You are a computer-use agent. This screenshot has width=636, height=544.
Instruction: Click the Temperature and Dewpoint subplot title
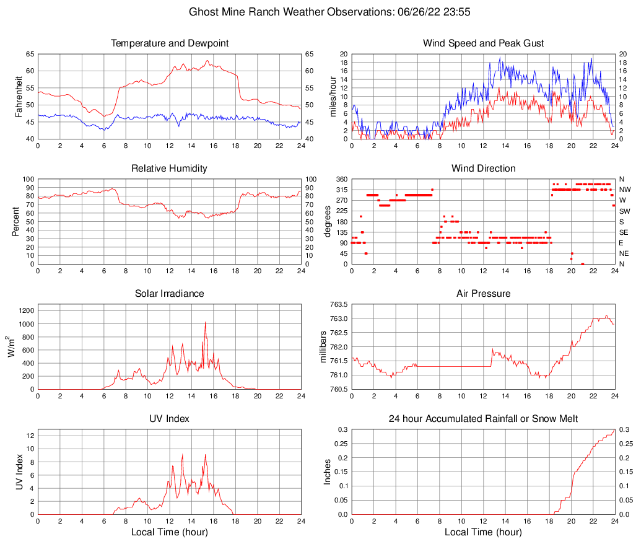click(170, 43)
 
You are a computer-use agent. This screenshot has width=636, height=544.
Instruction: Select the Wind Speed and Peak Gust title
click(483, 43)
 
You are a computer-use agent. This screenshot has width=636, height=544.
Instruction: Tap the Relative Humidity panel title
click(170, 169)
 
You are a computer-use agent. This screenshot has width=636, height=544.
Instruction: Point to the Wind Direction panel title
click(483, 169)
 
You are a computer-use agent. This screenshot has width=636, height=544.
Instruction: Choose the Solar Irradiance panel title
click(170, 294)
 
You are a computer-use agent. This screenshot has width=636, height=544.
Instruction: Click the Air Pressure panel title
click(483, 294)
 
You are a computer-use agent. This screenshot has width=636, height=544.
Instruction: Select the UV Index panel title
click(170, 419)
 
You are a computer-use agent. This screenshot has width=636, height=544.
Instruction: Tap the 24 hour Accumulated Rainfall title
click(483, 419)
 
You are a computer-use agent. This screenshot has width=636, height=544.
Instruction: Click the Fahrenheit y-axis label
click(17, 96)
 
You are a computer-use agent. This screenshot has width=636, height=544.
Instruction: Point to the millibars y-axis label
click(323, 346)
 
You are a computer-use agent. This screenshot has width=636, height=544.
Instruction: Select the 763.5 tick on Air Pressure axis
click(338, 305)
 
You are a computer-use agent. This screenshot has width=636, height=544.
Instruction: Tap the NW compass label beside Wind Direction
click(624, 190)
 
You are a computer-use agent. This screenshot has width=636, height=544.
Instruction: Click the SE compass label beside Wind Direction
click(624, 232)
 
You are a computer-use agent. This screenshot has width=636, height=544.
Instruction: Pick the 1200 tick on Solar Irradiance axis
click(26, 305)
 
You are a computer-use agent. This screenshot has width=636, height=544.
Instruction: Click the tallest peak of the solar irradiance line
click(205, 322)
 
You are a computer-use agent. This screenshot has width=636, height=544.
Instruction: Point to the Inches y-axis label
click(328, 472)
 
